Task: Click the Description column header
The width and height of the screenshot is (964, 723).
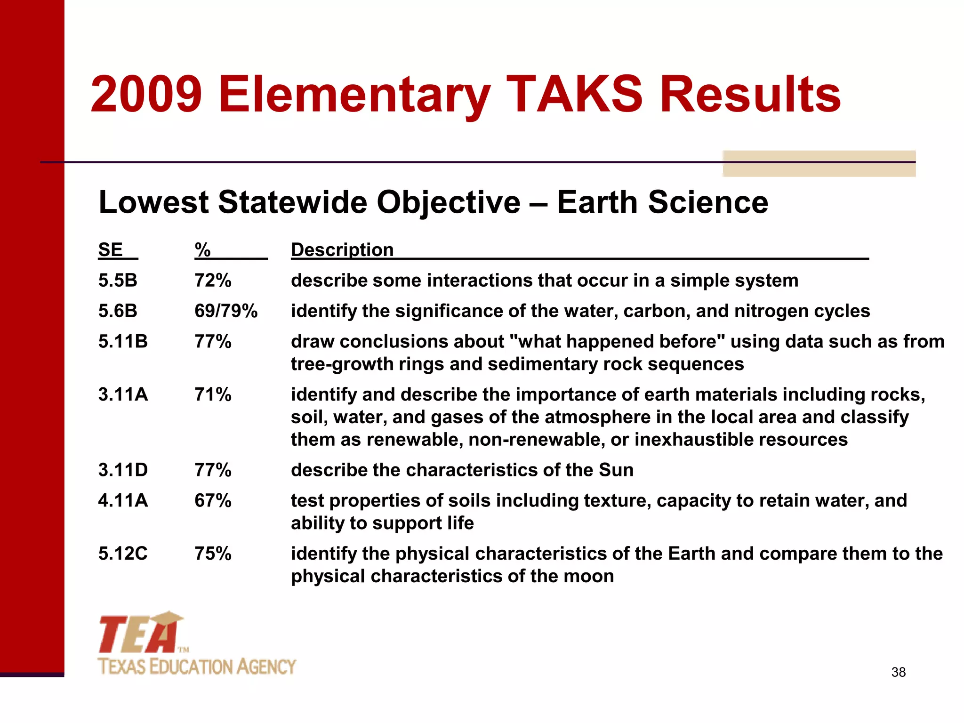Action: point(342,249)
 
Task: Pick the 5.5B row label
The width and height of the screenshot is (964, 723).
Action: point(118,281)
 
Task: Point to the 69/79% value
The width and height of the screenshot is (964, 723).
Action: point(226,311)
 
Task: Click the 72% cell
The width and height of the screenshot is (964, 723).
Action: point(213,281)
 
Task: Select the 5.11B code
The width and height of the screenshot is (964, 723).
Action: point(123,342)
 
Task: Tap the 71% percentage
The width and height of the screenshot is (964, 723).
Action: point(213,394)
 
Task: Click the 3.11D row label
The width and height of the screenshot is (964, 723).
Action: point(123,470)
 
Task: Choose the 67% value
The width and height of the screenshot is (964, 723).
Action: point(213,501)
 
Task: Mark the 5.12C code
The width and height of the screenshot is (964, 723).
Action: point(123,554)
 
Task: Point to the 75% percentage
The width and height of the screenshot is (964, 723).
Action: point(213,554)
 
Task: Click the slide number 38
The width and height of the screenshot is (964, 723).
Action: point(898,672)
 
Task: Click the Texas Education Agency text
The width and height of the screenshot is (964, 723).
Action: point(197,667)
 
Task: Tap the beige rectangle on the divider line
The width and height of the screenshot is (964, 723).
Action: point(819,164)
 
